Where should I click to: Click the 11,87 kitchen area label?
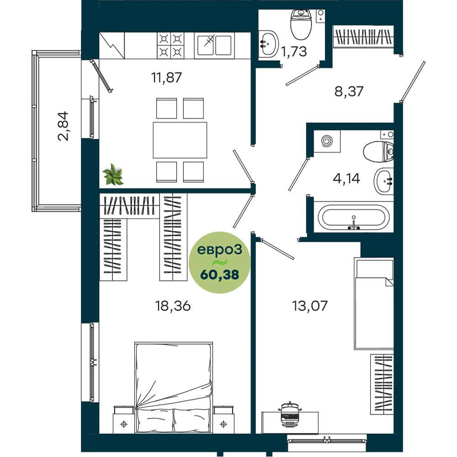166,78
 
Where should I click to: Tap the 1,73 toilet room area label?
294,52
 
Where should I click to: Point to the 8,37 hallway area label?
349,91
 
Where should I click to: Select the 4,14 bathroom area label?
346,178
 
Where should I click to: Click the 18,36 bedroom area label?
173,306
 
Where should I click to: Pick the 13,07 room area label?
310,306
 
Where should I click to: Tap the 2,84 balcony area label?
63,126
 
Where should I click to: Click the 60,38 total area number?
219,275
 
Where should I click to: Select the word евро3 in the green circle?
219,250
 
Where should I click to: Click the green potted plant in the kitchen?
113,175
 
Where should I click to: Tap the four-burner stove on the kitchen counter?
170,45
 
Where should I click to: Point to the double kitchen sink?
214,45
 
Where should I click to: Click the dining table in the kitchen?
180,140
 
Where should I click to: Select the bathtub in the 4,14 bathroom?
354,217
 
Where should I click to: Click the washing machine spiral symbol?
327,141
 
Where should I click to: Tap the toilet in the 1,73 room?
301,24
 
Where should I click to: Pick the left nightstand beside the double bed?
124,420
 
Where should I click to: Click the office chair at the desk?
289,414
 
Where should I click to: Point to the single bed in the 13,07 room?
374,303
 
